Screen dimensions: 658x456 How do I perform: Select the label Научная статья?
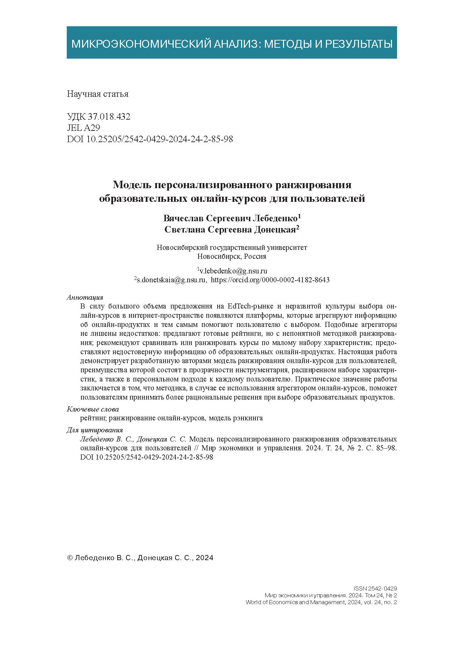coord(98,94)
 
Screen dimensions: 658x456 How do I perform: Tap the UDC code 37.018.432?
coord(109,117)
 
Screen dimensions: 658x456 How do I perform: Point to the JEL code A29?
coord(91,128)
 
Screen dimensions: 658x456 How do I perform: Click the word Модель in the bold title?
coord(132,185)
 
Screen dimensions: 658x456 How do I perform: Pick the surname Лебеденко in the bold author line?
coord(276,218)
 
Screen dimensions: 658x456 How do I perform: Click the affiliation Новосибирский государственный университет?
coord(232,248)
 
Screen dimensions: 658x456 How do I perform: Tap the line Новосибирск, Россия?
coord(232,256)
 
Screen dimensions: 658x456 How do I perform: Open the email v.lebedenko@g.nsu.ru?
coord(233,271)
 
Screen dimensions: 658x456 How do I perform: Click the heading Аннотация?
coord(85,297)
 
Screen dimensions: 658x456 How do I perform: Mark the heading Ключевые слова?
coord(93,409)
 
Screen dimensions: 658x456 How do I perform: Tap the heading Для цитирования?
coord(95,430)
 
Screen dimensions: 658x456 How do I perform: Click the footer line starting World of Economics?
coord(321,602)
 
